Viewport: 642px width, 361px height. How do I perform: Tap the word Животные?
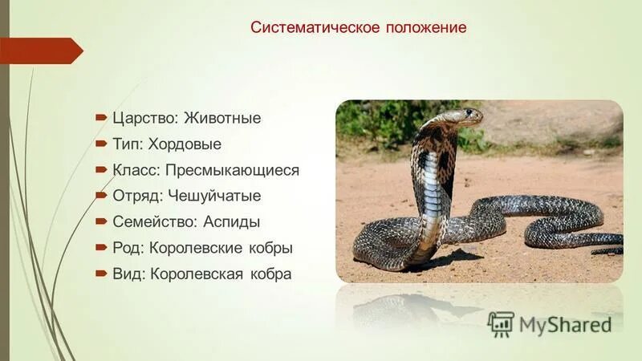pos(222,118)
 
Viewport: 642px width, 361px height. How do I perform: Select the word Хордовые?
pos(185,144)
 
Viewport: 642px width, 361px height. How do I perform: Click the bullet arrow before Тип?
pos(101,144)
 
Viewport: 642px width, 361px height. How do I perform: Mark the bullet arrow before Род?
pos(101,247)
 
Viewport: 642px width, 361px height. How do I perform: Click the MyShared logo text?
pos(565,324)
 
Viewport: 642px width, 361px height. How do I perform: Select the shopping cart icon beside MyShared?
pos(501,323)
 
